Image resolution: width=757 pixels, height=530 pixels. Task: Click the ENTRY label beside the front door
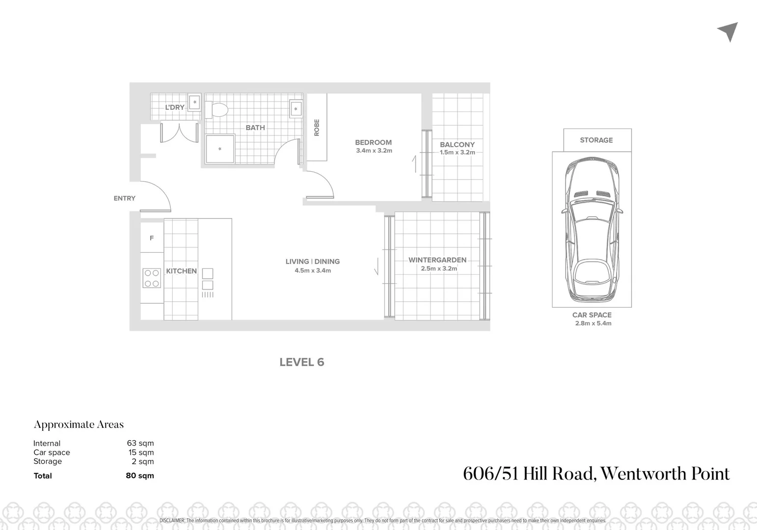coord(124,198)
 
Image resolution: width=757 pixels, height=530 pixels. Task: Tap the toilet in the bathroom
coord(217,109)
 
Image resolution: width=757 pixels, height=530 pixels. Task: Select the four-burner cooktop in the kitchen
coord(151,278)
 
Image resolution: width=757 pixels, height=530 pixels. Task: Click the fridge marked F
coord(152,238)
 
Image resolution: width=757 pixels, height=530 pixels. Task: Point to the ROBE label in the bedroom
coord(317,128)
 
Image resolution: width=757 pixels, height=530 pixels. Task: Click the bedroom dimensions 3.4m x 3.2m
coord(374,151)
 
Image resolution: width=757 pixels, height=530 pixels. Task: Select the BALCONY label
coord(457,144)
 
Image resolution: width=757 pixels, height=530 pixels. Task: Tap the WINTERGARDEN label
coord(437,260)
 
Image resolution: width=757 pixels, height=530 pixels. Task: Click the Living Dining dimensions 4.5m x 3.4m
coord(313,270)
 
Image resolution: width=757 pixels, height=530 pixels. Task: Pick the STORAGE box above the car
coord(596,140)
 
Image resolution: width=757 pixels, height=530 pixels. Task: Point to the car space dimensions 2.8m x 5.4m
coord(593,323)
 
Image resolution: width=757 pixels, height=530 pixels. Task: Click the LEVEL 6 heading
coord(301,362)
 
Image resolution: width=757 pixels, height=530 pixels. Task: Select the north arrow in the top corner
coord(729,31)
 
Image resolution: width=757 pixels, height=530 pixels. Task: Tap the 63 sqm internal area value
coord(140,443)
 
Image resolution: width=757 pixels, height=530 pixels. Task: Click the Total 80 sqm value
coord(139,476)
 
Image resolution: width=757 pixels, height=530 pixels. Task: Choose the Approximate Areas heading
coord(79,424)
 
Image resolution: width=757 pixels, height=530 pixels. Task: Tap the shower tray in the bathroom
coord(219,149)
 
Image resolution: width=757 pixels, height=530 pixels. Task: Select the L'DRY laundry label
coord(174,107)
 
